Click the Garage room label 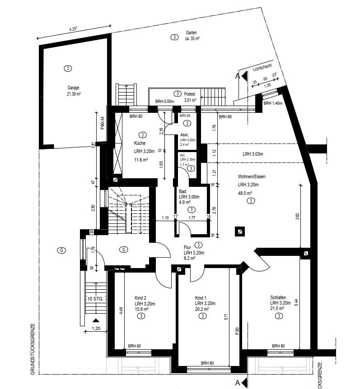73,88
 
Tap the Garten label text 191,32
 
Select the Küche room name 140,143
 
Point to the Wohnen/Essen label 252,176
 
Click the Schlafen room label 278,297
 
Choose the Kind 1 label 201,298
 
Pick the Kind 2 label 140,298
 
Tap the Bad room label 182,191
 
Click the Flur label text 187,247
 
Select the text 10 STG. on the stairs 95,299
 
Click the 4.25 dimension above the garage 73,28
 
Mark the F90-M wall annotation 102,123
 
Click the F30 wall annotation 237,331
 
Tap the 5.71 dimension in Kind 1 226,317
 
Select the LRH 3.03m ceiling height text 253,154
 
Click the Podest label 189,94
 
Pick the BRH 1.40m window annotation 273,103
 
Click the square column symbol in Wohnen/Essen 240,232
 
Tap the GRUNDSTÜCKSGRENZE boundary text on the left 33,349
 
